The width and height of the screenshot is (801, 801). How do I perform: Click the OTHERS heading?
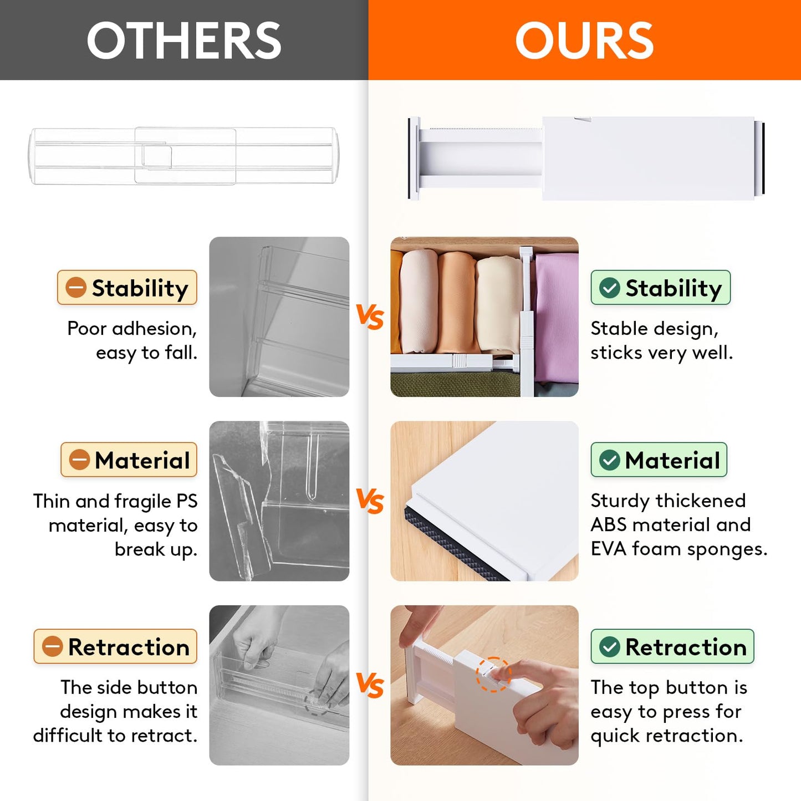click(x=184, y=40)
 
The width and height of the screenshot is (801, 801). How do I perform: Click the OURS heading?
click(x=584, y=40)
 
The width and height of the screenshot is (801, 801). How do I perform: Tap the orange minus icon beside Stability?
click(x=76, y=288)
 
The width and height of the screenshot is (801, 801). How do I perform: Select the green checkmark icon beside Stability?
click(x=610, y=288)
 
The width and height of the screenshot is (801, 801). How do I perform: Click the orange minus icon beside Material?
click(x=79, y=460)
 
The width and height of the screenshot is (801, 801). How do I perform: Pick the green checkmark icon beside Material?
click(x=610, y=460)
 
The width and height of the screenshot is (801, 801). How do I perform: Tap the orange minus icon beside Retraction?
click(x=53, y=646)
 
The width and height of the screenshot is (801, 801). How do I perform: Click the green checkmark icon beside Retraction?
click(x=610, y=646)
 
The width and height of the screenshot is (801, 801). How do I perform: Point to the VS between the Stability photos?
click(x=370, y=317)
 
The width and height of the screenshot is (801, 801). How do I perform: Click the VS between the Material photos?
click(x=370, y=501)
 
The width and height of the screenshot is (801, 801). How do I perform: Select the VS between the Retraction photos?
click(x=370, y=685)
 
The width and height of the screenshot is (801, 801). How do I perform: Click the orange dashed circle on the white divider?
click(x=493, y=674)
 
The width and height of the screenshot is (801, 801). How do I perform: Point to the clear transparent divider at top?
click(x=183, y=156)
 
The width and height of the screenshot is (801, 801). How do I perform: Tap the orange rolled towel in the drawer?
click(x=456, y=302)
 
